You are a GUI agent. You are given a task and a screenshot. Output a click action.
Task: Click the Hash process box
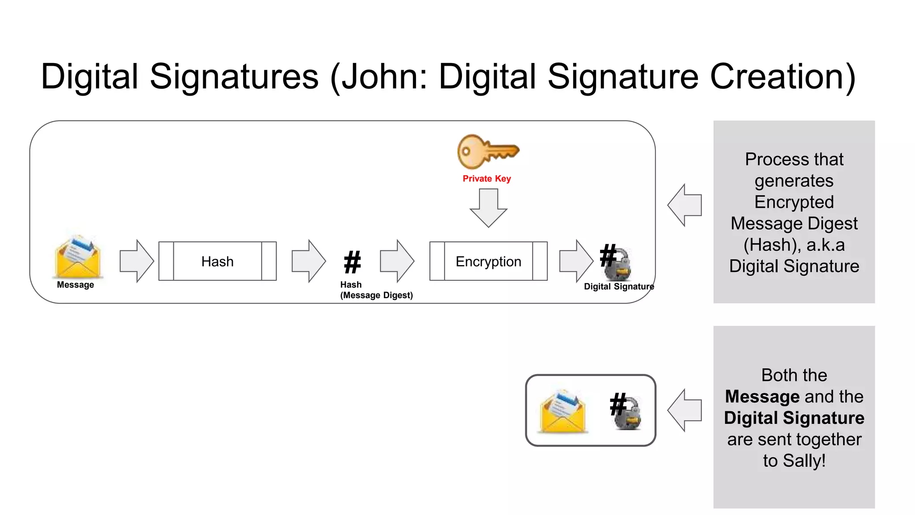click(x=217, y=261)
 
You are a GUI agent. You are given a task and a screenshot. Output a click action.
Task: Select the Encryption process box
click(x=488, y=261)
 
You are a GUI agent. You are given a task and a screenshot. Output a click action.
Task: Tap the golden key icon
click(x=487, y=152)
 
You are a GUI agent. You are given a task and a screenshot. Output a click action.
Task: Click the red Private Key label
click(x=487, y=179)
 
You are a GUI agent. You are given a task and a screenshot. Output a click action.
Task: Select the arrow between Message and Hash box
click(x=137, y=261)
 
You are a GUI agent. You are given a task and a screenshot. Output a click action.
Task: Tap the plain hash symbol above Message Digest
click(x=352, y=262)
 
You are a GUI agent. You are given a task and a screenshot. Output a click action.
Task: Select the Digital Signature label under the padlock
click(x=619, y=287)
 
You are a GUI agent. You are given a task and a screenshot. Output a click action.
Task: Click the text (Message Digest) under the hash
click(x=376, y=295)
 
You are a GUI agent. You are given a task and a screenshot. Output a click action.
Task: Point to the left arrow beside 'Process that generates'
click(x=684, y=205)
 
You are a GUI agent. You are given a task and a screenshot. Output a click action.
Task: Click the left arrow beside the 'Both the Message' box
click(x=684, y=410)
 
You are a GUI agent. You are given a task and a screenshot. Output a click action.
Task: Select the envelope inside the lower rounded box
click(x=563, y=411)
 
